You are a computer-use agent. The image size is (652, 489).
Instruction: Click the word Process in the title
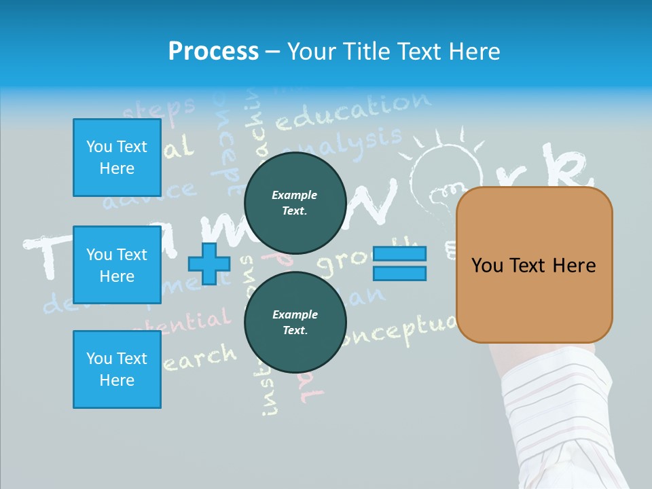click(213, 52)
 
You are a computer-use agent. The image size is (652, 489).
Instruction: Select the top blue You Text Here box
click(117, 158)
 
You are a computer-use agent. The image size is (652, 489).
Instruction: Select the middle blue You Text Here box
click(117, 265)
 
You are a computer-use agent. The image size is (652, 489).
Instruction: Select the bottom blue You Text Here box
click(117, 369)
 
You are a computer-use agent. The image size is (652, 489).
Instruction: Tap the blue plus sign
click(209, 264)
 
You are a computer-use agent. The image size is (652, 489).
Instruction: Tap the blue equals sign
click(400, 264)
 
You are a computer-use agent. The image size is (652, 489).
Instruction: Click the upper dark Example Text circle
click(295, 202)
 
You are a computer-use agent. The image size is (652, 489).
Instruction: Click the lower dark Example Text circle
click(295, 322)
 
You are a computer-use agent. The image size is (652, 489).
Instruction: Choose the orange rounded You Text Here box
click(534, 265)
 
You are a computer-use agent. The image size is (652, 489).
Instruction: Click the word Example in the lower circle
click(295, 314)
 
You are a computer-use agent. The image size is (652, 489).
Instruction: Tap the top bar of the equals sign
click(400, 254)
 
